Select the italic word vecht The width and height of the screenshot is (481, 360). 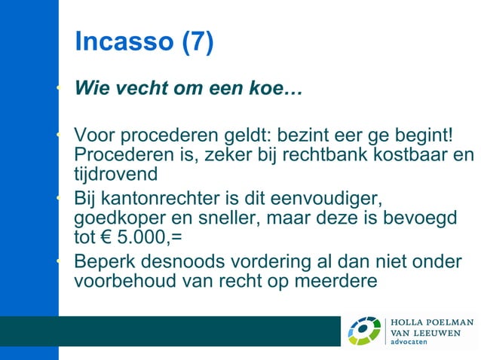[137, 92]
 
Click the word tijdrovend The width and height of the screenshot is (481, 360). [115, 175]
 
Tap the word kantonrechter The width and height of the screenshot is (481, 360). [169, 200]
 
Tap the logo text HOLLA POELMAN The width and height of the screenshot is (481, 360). [431, 322]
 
